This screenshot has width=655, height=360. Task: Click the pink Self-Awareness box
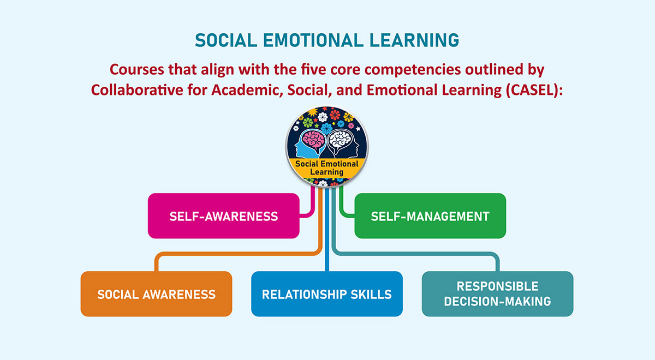click(224, 216)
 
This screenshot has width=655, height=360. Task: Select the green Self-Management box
click(430, 216)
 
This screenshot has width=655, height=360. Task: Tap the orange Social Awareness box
click(156, 294)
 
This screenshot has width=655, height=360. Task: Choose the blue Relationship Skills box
click(326, 294)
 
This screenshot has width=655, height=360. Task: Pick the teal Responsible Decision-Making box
click(497, 294)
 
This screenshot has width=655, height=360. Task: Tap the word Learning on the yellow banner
click(327, 172)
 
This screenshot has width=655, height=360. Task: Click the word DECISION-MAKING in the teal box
click(497, 301)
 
